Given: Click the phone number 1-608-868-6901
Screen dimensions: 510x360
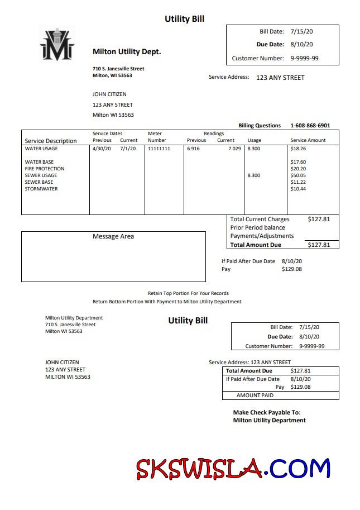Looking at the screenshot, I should point(310,126).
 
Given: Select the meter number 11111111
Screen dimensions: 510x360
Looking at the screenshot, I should point(159,149).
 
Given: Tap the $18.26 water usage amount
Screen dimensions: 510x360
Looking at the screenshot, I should point(299,149).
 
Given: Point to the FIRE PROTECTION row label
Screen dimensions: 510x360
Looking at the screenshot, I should point(45,169).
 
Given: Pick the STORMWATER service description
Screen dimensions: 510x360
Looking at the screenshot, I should point(41,189).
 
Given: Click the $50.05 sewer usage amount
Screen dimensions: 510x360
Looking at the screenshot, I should point(299,175).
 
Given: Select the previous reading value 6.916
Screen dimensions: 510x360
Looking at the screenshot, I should point(193,149).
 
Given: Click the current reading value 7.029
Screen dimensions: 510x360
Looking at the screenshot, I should point(235,149).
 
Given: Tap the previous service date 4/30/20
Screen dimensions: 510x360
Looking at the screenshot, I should point(102,149).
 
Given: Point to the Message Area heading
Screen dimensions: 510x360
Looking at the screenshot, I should point(113,236).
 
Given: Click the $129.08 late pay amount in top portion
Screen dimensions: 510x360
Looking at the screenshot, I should point(292,269).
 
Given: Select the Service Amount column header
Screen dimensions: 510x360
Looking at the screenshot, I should point(308,140).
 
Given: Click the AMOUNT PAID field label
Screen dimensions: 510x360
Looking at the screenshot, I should point(255,395).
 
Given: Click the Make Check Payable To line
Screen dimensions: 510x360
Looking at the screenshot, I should point(267,412).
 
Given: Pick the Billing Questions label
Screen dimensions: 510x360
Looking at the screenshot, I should point(260,126).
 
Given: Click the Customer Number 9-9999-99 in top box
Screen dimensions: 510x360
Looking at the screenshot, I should point(305,58).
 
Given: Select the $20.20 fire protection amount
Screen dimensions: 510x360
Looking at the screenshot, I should point(299,169).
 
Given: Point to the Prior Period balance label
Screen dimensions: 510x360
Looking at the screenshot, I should point(258,228).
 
